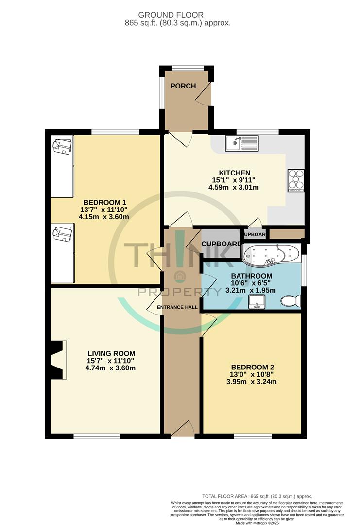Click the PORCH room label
[x=183, y=86]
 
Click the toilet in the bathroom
[x=291, y=301]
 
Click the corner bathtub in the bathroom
[x=270, y=255]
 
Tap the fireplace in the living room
[x=57, y=360]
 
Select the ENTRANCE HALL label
[x=177, y=307]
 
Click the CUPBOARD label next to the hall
[x=221, y=244]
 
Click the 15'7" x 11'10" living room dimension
[x=111, y=361]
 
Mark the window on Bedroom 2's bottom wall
[x=252, y=436]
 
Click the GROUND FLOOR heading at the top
[x=184, y=15]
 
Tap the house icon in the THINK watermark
[x=179, y=276]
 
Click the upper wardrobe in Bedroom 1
[x=62, y=167]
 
